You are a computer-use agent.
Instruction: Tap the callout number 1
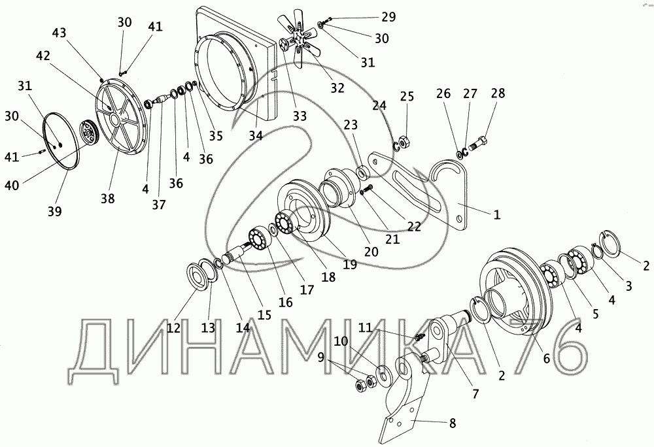[496, 214]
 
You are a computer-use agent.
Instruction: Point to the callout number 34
[256, 135]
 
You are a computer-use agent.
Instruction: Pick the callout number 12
[173, 328]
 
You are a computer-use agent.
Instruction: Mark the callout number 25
[407, 97]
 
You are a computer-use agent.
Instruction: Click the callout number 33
[299, 116]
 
